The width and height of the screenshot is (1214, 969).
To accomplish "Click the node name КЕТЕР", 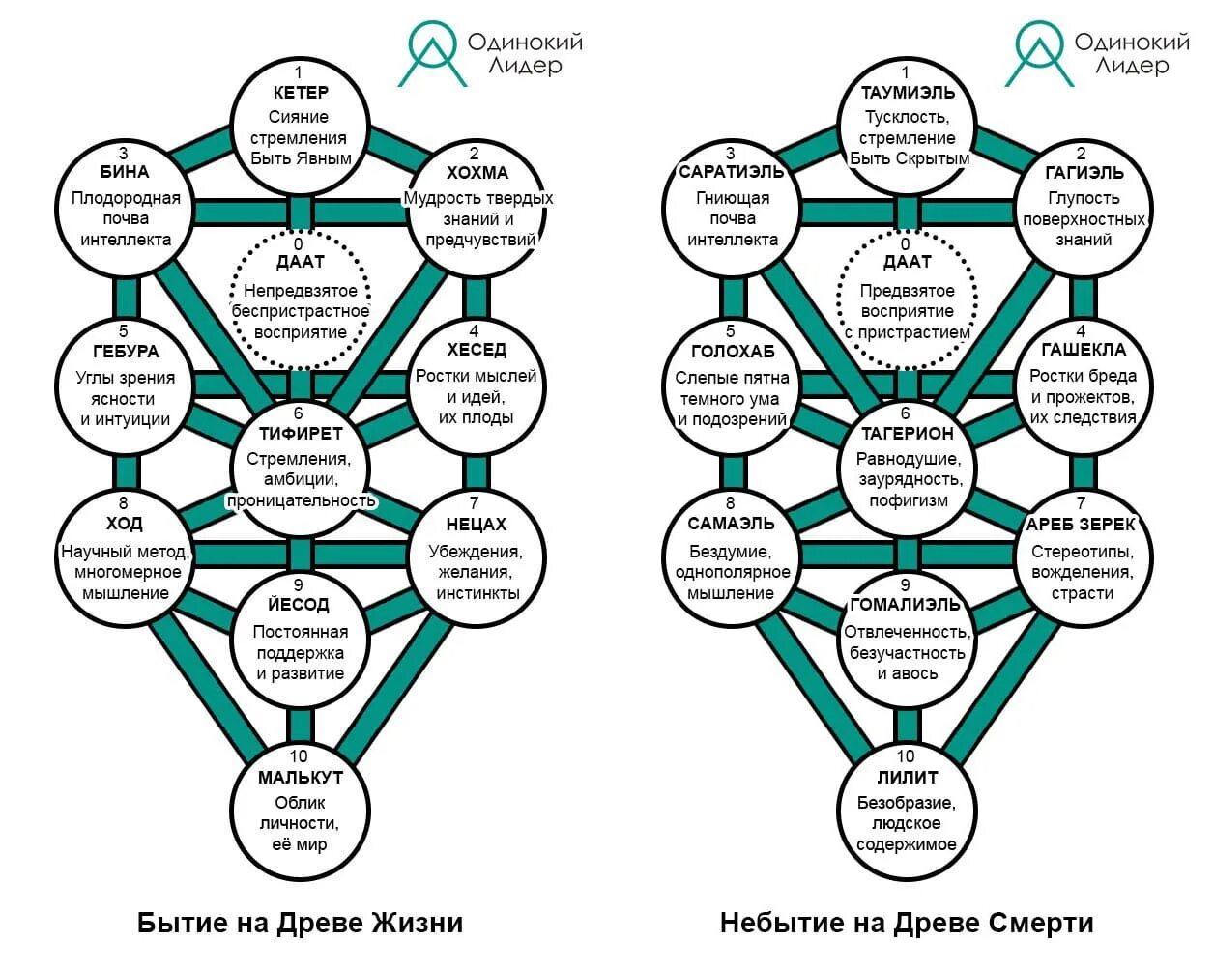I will pos(301,94).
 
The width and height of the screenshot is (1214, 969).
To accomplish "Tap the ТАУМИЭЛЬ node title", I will pos(908,94).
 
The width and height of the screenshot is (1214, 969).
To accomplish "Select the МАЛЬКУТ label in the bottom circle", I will pos(301,778).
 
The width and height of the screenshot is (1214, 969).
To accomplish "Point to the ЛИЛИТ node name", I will pos(907,778).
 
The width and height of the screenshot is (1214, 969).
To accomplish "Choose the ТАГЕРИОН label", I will pos(907,435).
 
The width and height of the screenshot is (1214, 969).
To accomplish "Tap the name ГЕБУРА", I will pos(126,352).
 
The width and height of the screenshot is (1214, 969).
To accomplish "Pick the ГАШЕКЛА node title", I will pos(1083,350).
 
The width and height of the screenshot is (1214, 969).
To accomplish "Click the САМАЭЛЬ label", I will pos(732,524).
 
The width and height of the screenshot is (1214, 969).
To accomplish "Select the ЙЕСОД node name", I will pos(299,606).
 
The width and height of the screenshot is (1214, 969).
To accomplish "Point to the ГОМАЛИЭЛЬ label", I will pos(906,606).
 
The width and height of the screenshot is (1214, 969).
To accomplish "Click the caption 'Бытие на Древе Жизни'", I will pos(300,923).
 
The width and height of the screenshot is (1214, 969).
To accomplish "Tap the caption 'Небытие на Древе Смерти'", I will pos(907,923).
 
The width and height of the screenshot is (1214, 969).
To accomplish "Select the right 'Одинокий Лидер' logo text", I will pos(1131,53).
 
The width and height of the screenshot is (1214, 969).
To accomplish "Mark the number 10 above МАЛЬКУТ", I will pos(299,756).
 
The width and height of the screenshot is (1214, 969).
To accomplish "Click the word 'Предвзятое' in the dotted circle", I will pos(907,291).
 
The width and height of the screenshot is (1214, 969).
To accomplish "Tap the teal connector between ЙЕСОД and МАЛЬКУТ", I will pos(301,725).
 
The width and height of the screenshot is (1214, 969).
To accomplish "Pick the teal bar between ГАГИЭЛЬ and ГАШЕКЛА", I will pos(1083,297).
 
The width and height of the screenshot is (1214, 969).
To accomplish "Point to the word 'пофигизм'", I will pos(907,500).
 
